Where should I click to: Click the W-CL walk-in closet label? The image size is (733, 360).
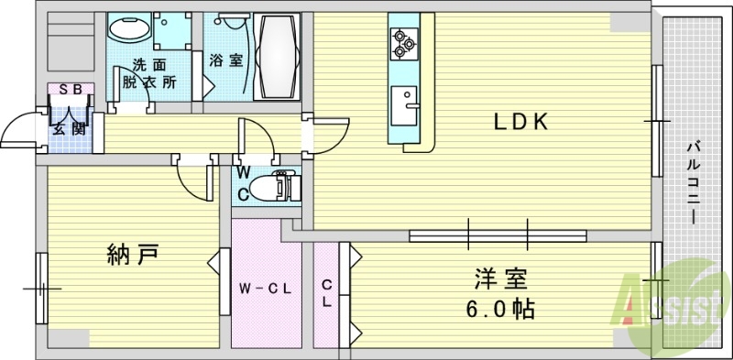click(266, 289)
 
